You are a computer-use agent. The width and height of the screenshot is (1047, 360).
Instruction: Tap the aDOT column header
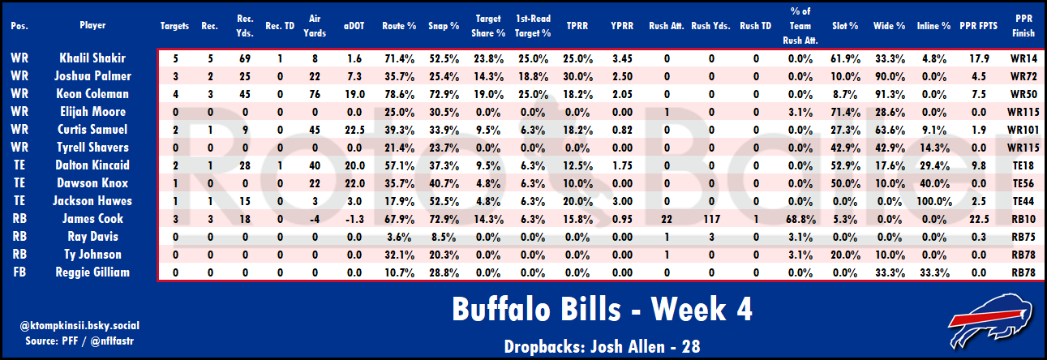point(355,25)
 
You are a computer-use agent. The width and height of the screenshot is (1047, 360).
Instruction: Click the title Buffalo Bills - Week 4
point(600,310)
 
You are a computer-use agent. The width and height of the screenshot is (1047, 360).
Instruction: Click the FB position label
point(19,272)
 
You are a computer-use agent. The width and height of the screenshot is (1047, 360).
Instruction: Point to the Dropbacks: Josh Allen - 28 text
point(600,345)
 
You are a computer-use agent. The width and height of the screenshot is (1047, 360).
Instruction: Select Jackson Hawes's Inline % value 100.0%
point(934,200)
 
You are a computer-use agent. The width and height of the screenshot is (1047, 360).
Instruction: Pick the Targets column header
point(176,25)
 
